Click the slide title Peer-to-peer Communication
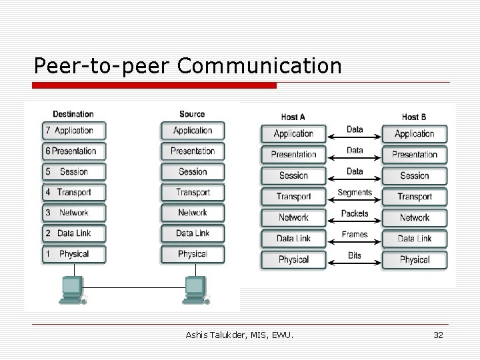[x=188, y=65]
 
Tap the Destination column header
[x=73, y=114]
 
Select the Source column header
[x=192, y=114]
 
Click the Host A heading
[x=293, y=117]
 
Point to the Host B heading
[x=414, y=117]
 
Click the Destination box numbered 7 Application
[x=73, y=131]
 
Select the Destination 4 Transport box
[x=73, y=193]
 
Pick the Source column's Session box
[x=192, y=172]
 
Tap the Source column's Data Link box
[x=192, y=233]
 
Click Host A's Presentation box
[x=293, y=155]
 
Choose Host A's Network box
[x=293, y=217]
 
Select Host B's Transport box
[x=414, y=197]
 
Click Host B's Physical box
[x=414, y=259]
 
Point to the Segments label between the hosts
[x=355, y=193]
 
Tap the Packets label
[x=355, y=213]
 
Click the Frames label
[x=355, y=235]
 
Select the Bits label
[x=355, y=255]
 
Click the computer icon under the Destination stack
[x=72, y=288]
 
